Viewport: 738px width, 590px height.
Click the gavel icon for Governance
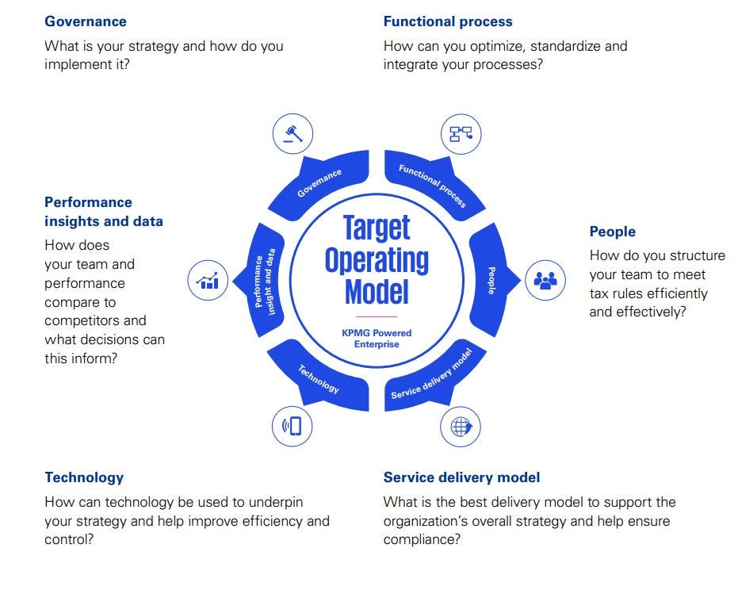point(293,133)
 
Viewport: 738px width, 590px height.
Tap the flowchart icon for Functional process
point(461,133)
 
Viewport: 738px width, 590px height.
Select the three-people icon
point(545,280)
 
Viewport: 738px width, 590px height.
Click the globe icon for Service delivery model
point(461,427)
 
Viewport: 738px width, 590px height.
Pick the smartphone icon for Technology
point(292,427)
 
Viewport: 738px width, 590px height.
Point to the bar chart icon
point(208,280)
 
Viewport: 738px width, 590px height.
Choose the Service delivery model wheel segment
point(431,380)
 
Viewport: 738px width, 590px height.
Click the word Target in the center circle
point(377,228)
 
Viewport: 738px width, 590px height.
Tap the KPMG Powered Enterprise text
point(377,339)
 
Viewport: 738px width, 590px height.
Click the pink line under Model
point(377,316)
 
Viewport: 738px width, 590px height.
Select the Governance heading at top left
point(86,21)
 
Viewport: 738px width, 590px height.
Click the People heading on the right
point(612,232)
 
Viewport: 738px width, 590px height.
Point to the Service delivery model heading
point(461,477)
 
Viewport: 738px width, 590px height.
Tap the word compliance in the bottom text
point(421,540)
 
